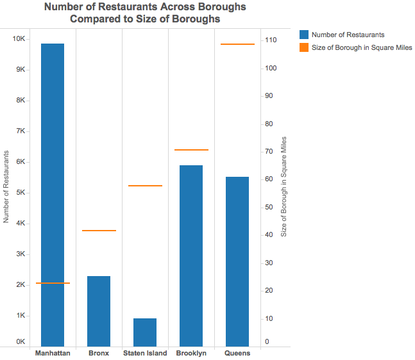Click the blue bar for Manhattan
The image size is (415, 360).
click(53, 195)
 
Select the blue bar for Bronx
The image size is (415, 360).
click(99, 311)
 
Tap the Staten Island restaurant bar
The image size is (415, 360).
click(145, 332)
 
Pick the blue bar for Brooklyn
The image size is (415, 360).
click(191, 256)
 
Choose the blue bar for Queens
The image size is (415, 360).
click(237, 262)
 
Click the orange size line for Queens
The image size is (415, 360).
click(238, 44)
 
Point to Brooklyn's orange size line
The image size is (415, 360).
click(192, 150)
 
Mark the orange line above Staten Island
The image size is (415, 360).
click(145, 186)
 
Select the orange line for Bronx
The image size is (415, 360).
click(99, 230)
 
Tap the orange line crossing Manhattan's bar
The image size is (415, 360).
click(53, 283)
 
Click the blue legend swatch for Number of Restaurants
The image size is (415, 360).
click(304, 35)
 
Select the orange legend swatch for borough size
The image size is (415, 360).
click(304, 48)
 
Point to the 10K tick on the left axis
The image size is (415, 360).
click(19, 39)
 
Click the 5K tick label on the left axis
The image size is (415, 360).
click(21, 193)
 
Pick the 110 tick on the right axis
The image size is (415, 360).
click(271, 40)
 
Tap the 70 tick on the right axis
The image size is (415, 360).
click(269, 151)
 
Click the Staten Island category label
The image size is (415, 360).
click(145, 353)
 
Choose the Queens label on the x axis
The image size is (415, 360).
click(237, 353)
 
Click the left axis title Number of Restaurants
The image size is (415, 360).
click(6, 187)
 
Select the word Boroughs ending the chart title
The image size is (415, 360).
click(196, 19)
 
